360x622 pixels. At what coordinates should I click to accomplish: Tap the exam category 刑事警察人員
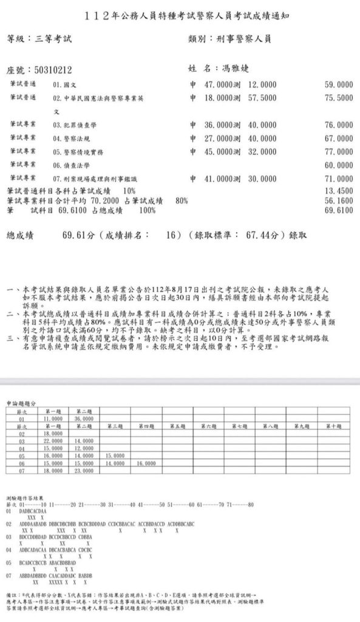[243, 38]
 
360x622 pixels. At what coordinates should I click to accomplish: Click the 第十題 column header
[333, 426]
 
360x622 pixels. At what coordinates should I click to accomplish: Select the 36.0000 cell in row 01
[84, 419]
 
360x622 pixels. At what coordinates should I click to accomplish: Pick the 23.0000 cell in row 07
[84, 471]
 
